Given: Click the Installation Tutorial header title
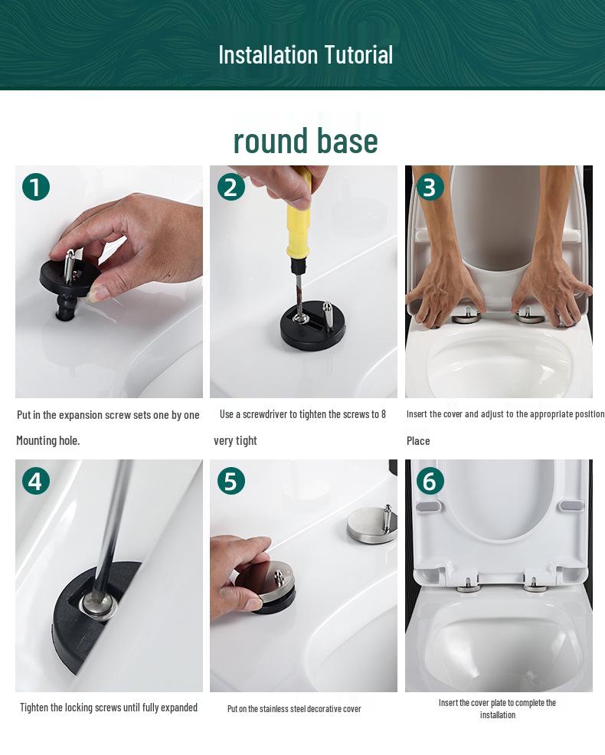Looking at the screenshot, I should point(305,54).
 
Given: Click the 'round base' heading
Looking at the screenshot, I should point(305,140).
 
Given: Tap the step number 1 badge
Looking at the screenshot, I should point(36,187).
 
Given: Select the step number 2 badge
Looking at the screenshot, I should point(231,187).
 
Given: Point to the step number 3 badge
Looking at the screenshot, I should point(429,187).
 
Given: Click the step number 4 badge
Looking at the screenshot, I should point(36,481).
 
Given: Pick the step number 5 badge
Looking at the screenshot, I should point(231,481).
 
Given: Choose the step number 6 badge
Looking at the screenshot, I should point(429,481).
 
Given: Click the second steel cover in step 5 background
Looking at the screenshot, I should point(371,525).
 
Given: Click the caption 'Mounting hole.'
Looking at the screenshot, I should point(48,441).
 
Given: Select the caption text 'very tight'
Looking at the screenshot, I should point(235,441).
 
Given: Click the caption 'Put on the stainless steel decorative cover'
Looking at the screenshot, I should point(294,709).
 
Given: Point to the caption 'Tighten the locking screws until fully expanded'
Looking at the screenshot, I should point(109,708).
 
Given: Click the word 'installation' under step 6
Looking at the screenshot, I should point(498,715).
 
